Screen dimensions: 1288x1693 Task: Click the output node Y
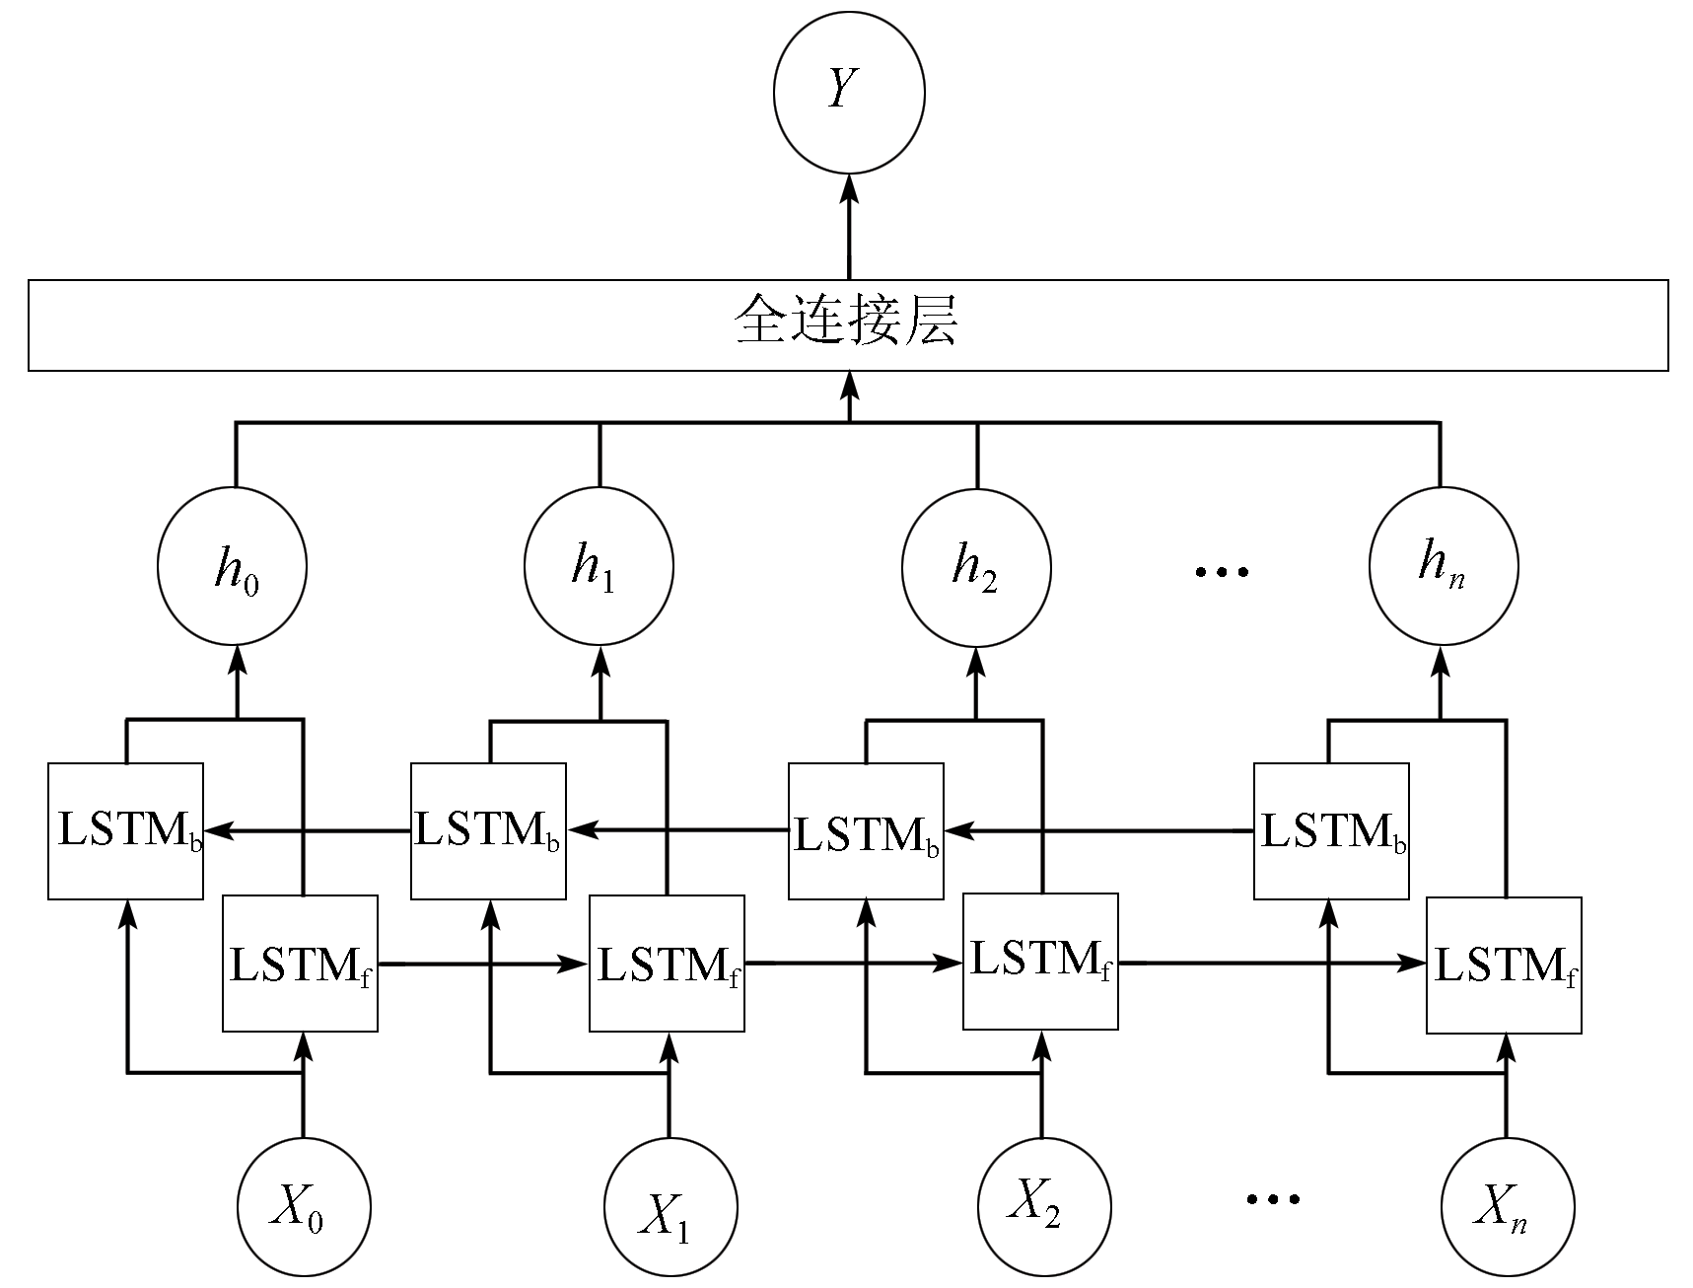pyautogui.click(x=849, y=94)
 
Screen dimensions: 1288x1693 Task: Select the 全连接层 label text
pyautogui.click(x=847, y=322)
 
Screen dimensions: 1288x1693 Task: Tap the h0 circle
pyautogui.click(x=232, y=567)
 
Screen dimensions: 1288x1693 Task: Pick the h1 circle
pyautogui.click(x=599, y=567)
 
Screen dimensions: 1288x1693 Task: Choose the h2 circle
pyautogui.click(x=976, y=567)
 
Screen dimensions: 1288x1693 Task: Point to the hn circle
pyautogui.click(x=1444, y=566)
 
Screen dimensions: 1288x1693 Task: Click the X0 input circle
pyautogui.click(x=304, y=1207)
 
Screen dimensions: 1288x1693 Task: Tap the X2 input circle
pyautogui.click(x=1044, y=1205)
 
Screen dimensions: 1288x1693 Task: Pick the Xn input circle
pyautogui.click(x=1508, y=1207)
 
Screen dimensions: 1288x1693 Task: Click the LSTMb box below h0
pyautogui.click(x=125, y=830)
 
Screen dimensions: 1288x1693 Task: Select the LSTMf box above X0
pyautogui.click(x=300, y=964)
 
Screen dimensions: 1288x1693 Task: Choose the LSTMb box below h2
pyautogui.click(x=866, y=831)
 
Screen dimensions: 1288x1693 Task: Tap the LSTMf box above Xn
pyautogui.click(x=1504, y=966)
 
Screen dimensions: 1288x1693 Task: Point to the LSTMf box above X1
pyautogui.click(x=667, y=964)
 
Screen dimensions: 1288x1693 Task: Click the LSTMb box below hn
pyautogui.click(x=1331, y=831)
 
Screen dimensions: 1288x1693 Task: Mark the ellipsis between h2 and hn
pyautogui.click(x=1222, y=571)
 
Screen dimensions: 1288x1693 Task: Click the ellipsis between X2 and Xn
pyautogui.click(x=1272, y=1199)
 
